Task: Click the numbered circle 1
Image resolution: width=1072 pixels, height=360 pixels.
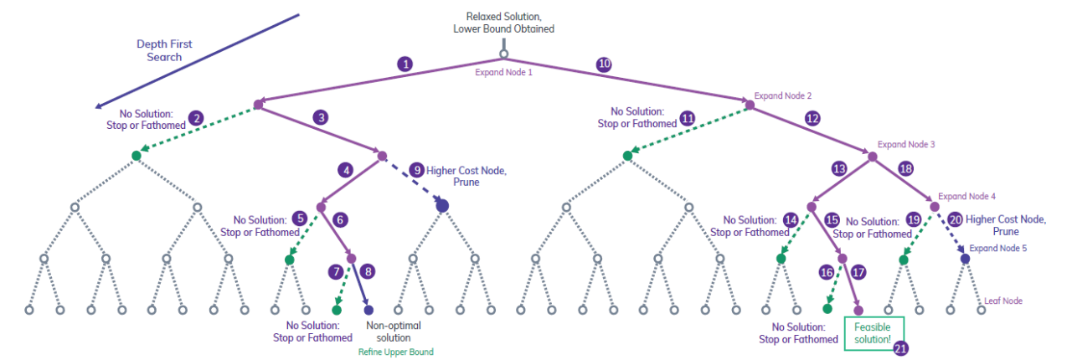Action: tap(406, 64)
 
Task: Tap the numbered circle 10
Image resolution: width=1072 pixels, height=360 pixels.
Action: tap(603, 64)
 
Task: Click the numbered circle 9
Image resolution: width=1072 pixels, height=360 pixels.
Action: tap(416, 169)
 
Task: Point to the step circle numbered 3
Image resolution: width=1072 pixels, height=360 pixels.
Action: tap(321, 118)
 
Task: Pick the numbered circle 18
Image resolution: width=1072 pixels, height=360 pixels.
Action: tap(904, 168)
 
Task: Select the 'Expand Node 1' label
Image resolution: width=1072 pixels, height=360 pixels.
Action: tap(504, 72)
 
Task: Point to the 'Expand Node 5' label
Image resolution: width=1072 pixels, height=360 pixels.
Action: tap(997, 249)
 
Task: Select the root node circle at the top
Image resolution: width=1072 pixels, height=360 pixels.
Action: tap(504, 55)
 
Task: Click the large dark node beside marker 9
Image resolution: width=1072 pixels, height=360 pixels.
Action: tap(442, 205)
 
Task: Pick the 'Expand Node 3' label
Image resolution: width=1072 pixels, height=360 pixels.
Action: tap(906, 144)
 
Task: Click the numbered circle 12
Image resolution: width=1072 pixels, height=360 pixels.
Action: tap(812, 118)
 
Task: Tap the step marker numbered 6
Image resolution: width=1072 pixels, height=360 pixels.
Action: tap(340, 219)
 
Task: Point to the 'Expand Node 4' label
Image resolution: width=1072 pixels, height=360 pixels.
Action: tap(967, 196)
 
